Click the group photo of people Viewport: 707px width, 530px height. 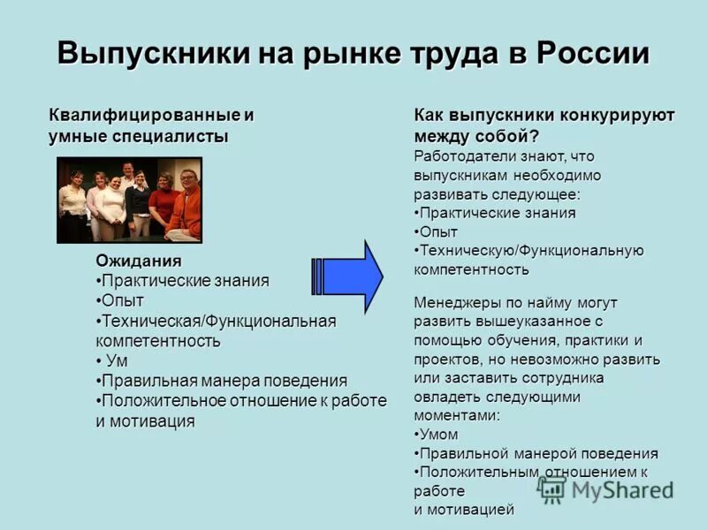point(130,200)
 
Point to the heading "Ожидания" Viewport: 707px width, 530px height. point(138,261)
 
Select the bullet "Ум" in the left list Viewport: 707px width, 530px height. point(116,360)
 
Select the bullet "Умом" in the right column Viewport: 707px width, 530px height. point(437,434)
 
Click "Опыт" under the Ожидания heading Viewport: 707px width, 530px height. point(122,300)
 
